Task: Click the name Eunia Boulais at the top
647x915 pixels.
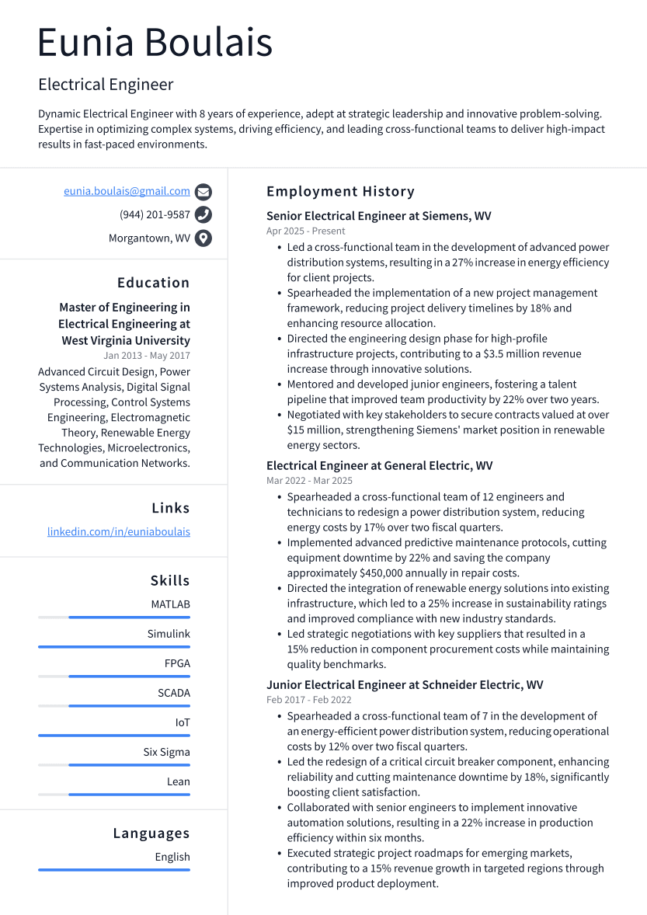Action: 155,43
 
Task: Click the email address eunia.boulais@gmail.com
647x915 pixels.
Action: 127,191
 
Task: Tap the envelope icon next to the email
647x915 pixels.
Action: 203,192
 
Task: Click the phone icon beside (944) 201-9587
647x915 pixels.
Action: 203,215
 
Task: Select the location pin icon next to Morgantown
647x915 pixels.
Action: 203,238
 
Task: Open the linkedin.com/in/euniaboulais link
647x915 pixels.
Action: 119,532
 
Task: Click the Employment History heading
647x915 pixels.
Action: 340,191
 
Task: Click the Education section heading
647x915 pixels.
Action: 153,283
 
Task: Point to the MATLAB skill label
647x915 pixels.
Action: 170,604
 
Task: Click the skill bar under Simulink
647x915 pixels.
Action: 114,646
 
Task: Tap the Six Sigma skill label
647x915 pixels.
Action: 166,752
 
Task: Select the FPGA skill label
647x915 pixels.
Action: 177,663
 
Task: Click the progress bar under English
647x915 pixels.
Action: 114,869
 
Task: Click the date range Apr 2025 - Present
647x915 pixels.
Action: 306,231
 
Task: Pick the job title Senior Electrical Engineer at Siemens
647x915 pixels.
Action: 378,216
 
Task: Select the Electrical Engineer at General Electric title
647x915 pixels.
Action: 379,466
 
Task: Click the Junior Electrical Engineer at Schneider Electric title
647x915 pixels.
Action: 405,685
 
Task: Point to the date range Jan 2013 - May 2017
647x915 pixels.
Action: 147,356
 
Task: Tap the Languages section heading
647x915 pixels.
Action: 151,833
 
